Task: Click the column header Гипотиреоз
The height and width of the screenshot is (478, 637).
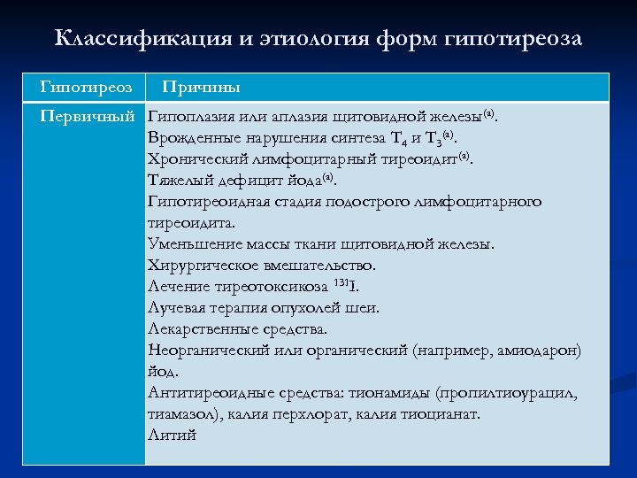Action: pyautogui.click(x=87, y=88)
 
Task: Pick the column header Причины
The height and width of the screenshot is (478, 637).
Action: pyautogui.click(x=202, y=88)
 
